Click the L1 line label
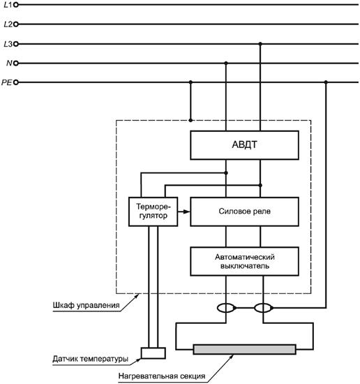pos(8,5)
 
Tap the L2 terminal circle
pos(16,24)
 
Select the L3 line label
pos(8,44)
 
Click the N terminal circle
pos(16,63)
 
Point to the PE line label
pos(6,82)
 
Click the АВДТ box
pos(244,145)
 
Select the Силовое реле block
pos(244,212)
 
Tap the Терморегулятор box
pos(153,212)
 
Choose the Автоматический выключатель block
pos(244,261)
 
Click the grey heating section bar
pos(244,350)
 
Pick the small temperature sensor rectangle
pos(153,353)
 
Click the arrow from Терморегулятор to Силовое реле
pos(183,212)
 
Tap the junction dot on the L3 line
pos(260,44)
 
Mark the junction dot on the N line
pos(226,63)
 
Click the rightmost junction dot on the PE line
pos(326,82)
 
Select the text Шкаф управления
pos(86,305)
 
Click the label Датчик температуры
pos(90,359)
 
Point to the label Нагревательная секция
pos(162,376)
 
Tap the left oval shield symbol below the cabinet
pos(226,308)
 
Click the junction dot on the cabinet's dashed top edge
pos(190,120)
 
